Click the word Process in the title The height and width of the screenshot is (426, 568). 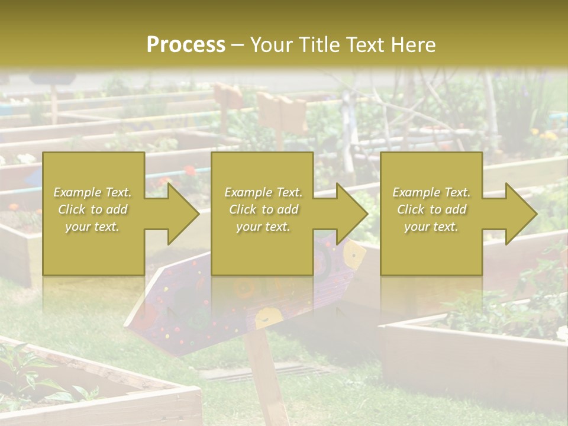click(186, 44)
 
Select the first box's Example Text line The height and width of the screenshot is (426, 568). click(93, 192)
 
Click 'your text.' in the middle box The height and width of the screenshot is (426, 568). click(263, 227)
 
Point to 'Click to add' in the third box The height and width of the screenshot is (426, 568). click(432, 209)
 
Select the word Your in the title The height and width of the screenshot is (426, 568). click(271, 44)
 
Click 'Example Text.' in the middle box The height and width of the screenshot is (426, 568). click(263, 192)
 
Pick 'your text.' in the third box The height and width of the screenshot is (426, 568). click(431, 227)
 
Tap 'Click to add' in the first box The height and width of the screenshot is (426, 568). click(93, 209)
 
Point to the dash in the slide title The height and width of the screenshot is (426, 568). click(237, 45)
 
